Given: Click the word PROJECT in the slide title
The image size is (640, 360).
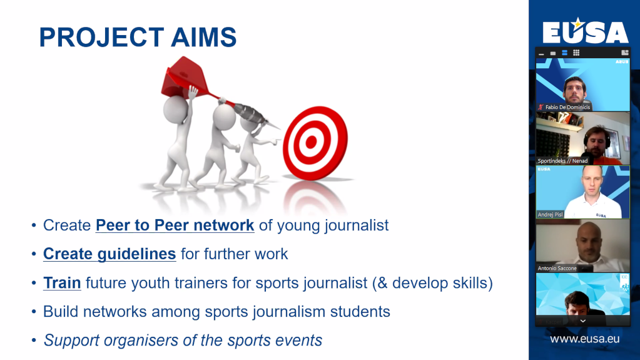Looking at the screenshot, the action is [101, 37].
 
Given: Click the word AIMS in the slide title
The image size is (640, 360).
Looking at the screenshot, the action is [204, 37].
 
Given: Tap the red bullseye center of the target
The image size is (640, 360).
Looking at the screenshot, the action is [311, 141].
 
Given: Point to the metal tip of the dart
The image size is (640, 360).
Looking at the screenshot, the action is [274, 125].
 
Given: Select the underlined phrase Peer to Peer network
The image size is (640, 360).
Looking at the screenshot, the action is [175, 225].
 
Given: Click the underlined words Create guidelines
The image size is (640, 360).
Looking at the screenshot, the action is [109, 254].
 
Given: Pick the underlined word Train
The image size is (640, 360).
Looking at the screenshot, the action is [62, 283].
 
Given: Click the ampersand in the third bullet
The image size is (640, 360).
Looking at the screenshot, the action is [382, 283].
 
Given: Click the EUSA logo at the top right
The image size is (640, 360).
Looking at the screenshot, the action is [585, 31].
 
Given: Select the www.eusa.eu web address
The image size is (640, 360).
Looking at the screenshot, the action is [584, 339].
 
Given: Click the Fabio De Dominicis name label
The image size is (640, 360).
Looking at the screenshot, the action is [567, 107].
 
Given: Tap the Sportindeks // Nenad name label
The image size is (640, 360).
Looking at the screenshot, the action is [562, 161].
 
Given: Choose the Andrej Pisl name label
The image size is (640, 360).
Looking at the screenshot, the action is [550, 215].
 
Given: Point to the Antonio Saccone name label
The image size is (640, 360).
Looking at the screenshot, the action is [557, 268].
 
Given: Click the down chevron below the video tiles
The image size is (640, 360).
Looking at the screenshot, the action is [583, 321].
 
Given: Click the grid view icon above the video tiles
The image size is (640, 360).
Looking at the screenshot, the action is [576, 53].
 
